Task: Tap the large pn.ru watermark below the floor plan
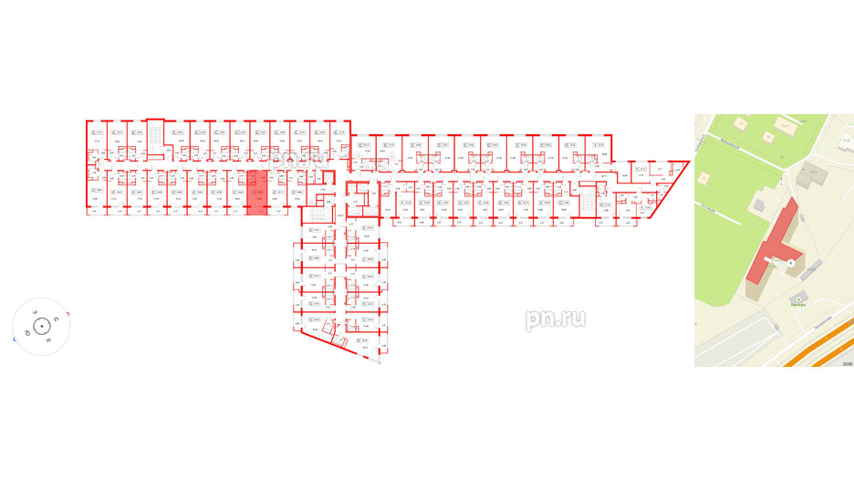555,319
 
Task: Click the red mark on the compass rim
70,314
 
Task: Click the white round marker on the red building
791,264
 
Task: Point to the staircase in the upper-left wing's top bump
155,134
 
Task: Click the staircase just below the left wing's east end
312,215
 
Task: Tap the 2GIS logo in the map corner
846,362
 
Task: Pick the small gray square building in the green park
811,171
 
